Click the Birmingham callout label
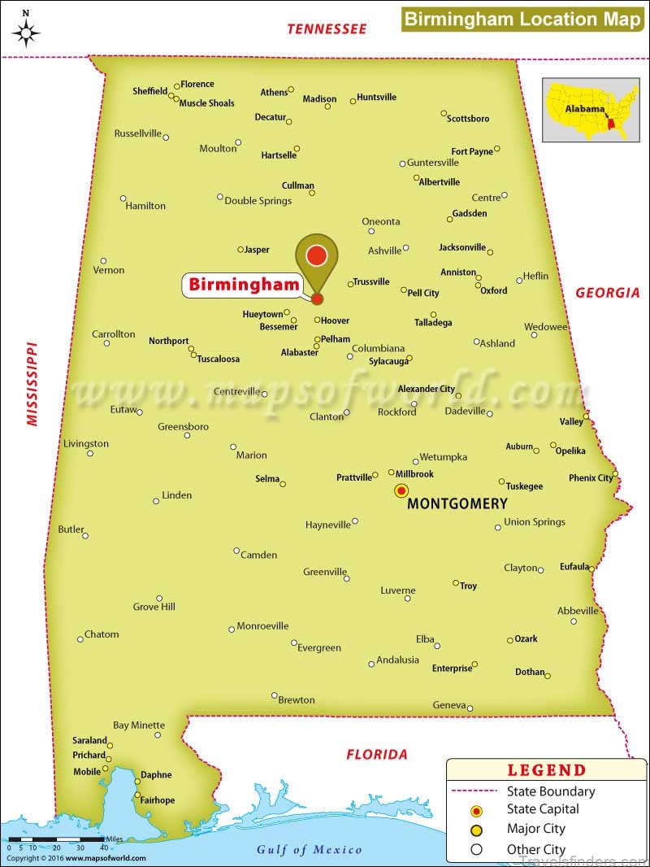(241, 285)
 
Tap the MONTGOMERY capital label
(457, 503)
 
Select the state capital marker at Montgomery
(401, 490)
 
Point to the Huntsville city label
(377, 97)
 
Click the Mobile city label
(87, 771)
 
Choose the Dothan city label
(530, 672)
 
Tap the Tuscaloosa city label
(219, 358)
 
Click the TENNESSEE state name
(327, 29)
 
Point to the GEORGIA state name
(608, 293)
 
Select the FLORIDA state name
(377, 754)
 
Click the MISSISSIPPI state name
(32, 382)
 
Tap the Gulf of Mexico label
(310, 849)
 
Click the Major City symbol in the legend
(477, 830)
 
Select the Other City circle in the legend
(477, 849)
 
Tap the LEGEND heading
(546, 770)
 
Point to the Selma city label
(267, 479)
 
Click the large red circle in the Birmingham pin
(316, 256)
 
